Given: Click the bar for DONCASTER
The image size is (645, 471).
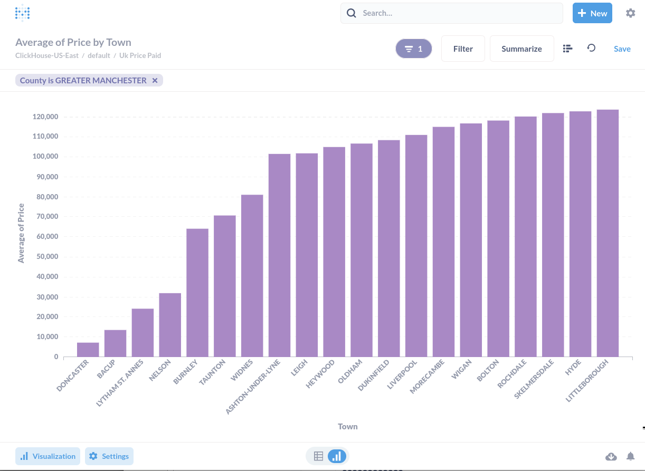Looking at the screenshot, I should coord(88,350).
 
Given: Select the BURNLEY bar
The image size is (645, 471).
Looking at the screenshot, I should coord(197,293).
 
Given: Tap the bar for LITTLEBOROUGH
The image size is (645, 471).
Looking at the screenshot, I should coord(608,233).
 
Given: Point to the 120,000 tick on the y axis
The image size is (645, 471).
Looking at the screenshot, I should coord(45,117).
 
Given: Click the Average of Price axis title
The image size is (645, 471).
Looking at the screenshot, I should coord(21,233).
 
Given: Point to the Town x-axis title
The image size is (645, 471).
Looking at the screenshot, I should coord(348,426).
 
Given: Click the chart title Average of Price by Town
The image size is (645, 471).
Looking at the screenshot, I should coord(73,42).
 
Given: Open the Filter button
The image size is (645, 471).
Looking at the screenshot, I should coord(463,49).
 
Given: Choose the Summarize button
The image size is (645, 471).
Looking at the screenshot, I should coord(521,49).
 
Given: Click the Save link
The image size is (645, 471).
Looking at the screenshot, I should coord(622,49).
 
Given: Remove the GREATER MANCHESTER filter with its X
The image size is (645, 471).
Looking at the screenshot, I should coord(155,80).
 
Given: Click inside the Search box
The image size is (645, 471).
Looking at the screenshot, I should coord(459,13).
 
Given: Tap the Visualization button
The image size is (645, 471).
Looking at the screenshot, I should coord(48,456).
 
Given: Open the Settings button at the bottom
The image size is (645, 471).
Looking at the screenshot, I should coord(109,456).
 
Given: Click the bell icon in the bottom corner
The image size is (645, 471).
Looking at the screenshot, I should coord(630,456).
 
